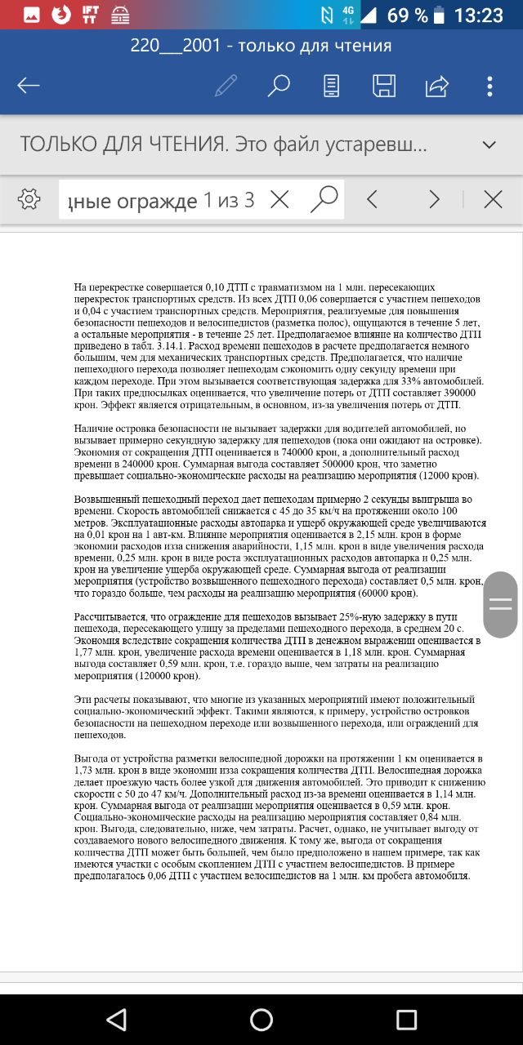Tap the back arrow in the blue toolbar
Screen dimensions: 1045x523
tap(29, 86)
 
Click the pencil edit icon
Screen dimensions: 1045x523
tap(226, 86)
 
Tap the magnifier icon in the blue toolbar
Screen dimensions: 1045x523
tap(279, 85)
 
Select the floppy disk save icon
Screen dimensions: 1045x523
tap(384, 86)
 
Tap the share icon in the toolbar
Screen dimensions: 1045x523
tap(437, 86)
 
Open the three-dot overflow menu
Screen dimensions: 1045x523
tap(489, 86)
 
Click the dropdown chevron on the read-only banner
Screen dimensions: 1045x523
tap(489, 145)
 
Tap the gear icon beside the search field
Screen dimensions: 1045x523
tap(29, 198)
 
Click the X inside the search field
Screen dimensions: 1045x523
tap(279, 199)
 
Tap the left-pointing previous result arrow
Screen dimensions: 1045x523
tap(373, 199)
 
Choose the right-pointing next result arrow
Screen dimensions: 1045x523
tap(434, 199)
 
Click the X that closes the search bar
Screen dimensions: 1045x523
tap(493, 199)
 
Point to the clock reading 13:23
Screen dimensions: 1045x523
tap(478, 15)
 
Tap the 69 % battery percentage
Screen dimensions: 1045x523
tap(407, 15)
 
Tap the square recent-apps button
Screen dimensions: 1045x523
tap(406, 1018)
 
